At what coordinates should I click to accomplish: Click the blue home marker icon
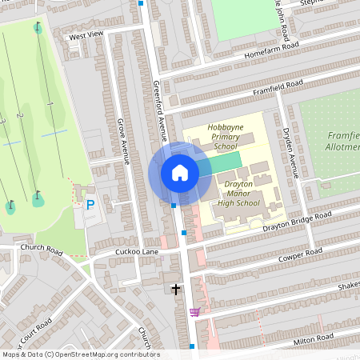click(180, 173)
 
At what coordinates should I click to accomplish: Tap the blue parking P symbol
click(90, 205)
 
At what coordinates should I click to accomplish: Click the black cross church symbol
click(176, 288)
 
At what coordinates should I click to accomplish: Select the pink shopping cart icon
click(194, 312)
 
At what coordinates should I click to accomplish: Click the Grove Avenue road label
click(124, 141)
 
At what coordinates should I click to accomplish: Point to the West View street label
click(86, 35)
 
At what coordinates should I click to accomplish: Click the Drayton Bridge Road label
click(297, 222)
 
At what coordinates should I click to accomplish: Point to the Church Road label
click(42, 247)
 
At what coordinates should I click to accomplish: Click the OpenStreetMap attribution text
click(80, 354)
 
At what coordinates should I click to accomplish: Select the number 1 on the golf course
click(50, 104)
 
